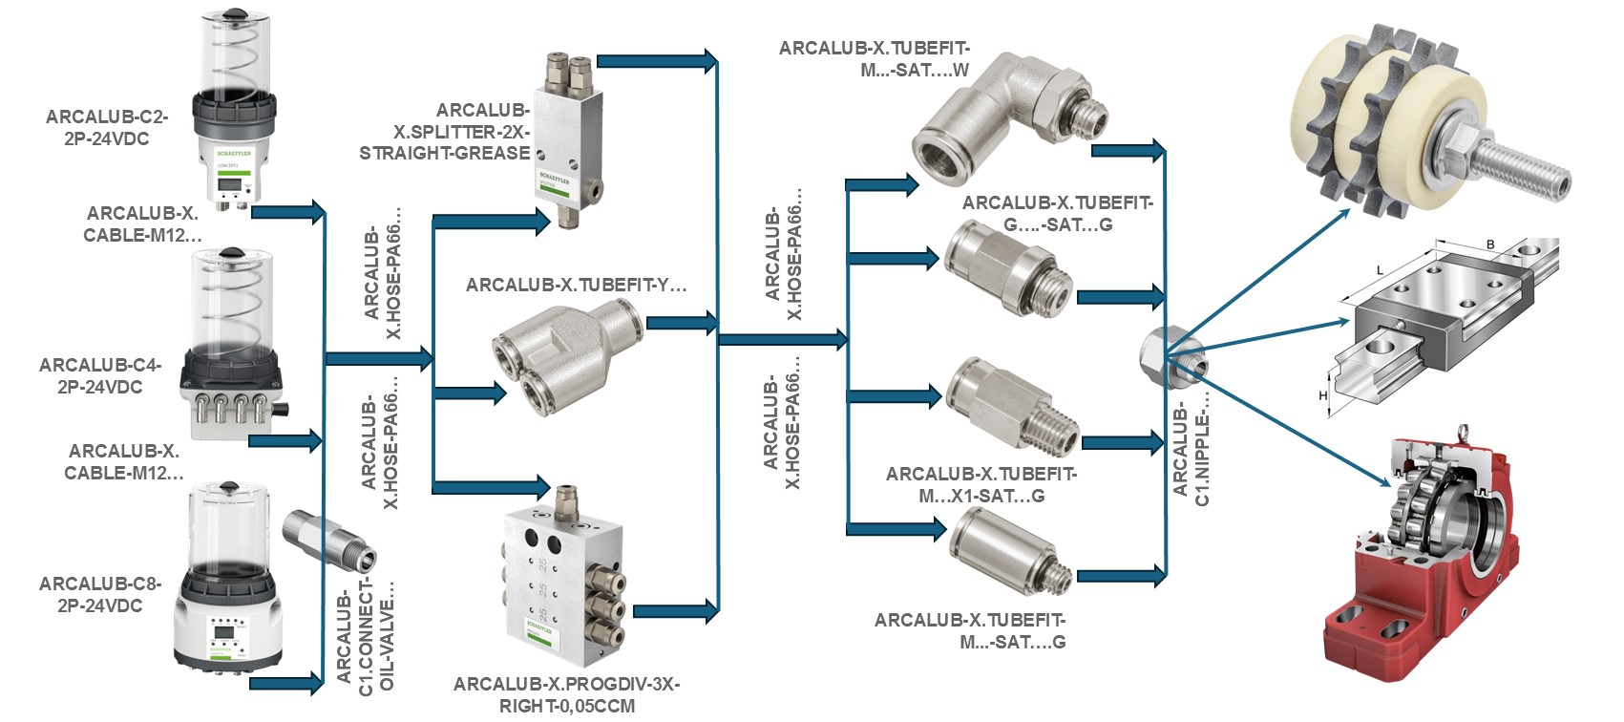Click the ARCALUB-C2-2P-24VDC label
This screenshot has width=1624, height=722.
pos(106,128)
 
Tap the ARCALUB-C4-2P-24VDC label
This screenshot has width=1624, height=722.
pos(100,376)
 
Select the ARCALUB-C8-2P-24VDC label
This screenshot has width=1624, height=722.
pos(100,595)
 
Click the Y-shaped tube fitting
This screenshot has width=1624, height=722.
pos(563,355)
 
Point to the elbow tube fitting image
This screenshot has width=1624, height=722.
pos(1002,115)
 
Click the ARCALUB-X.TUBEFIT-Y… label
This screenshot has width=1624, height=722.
pos(576,286)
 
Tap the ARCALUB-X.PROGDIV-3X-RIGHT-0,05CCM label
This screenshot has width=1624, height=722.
pos(566,695)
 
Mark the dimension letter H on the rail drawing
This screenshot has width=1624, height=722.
pos(1323,395)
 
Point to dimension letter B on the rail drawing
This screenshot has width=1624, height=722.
pos(1489,245)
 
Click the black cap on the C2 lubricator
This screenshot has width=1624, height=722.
pos(233,15)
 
